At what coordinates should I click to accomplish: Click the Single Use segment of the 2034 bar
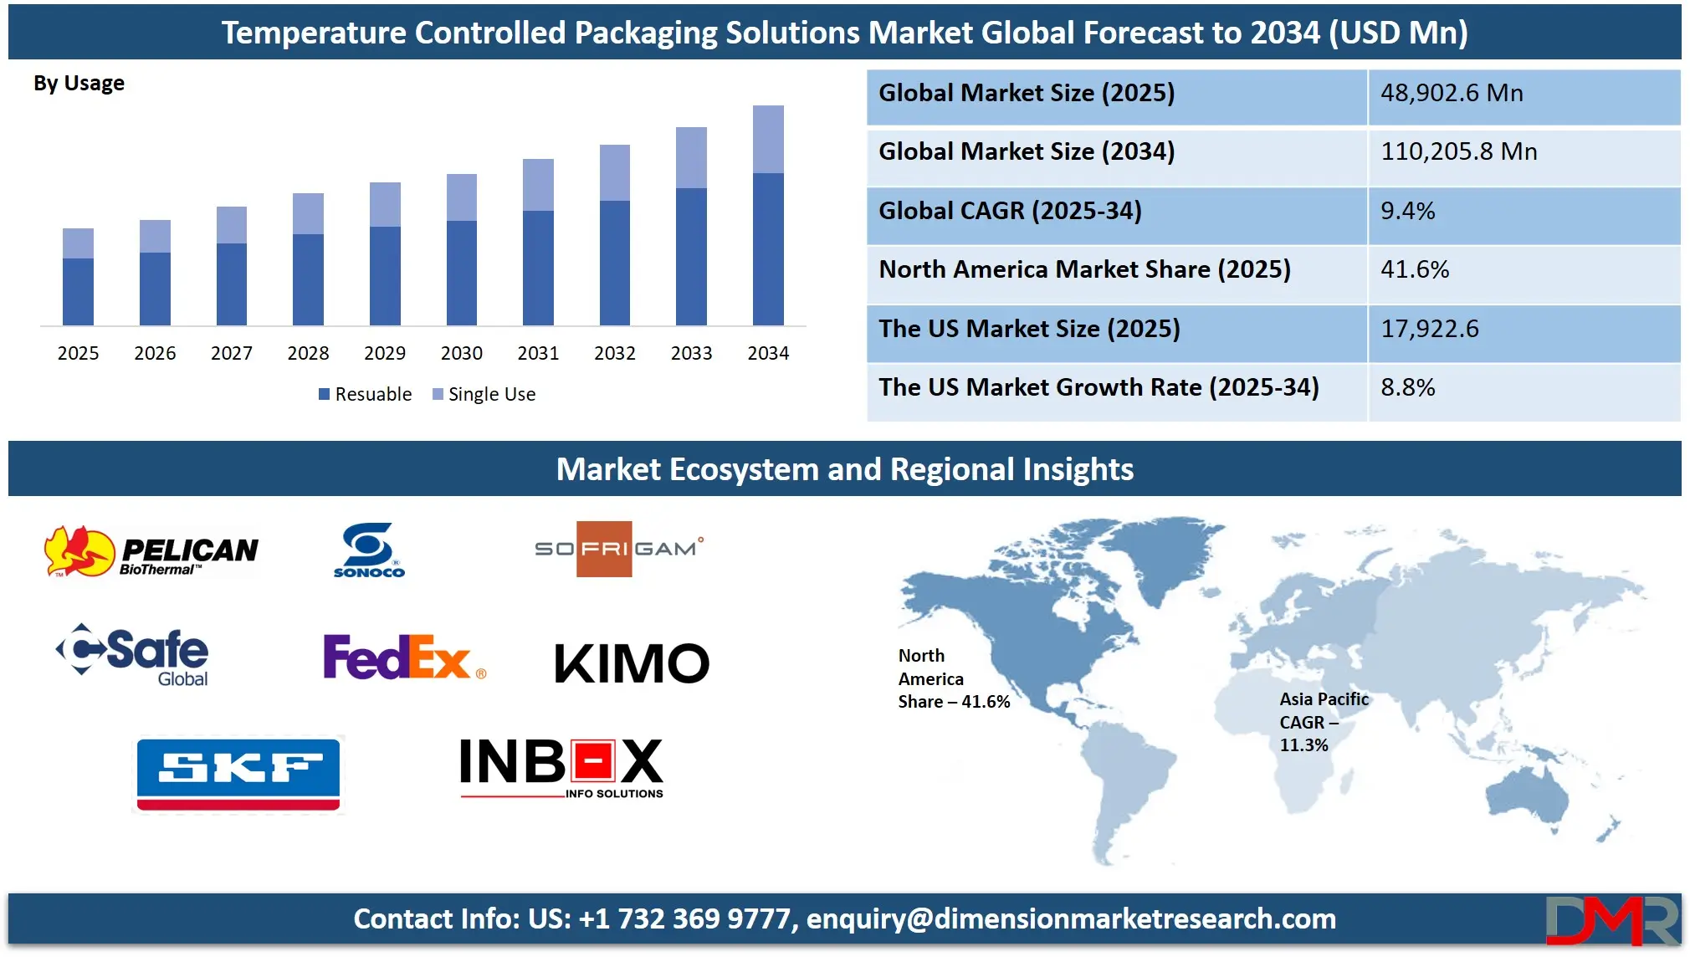click(x=768, y=140)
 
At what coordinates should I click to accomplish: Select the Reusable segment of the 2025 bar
click(x=78, y=292)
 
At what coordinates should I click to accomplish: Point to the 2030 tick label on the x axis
click(x=462, y=353)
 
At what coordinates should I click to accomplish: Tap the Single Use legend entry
click(x=484, y=394)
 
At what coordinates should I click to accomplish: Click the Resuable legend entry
click(x=365, y=394)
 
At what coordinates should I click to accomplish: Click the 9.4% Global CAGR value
click(x=1407, y=211)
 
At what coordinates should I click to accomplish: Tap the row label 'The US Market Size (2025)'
click(x=1029, y=329)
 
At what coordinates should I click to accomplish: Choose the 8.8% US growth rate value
click(x=1407, y=387)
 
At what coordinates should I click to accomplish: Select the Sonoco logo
click(x=369, y=550)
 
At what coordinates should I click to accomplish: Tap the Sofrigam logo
click(x=619, y=549)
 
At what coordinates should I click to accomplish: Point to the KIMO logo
click(x=632, y=663)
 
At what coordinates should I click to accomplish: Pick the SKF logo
click(x=238, y=775)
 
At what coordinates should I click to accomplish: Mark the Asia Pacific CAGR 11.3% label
click(x=1324, y=722)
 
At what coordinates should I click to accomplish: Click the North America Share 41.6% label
click(x=954, y=678)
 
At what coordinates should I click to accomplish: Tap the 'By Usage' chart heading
click(x=79, y=84)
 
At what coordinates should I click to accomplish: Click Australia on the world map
click(x=1528, y=798)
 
